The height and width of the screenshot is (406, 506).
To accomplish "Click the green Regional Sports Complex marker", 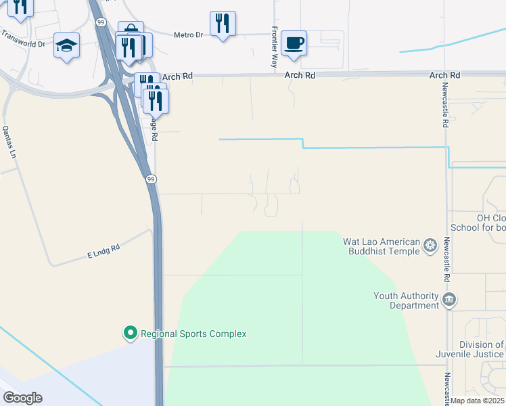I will [130, 333].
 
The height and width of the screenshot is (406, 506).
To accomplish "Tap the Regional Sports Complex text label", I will [193, 334].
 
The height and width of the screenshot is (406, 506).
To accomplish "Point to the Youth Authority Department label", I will [406, 300].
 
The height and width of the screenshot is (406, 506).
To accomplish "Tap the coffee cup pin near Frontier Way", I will [294, 43].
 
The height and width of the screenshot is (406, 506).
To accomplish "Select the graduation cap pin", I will [66, 45].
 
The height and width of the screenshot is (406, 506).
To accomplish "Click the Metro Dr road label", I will [188, 35].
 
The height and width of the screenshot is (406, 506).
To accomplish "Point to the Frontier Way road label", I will [275, 47].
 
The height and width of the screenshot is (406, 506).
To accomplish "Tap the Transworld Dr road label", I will [22, 38].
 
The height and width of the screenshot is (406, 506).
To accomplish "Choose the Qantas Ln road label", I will [9, 141].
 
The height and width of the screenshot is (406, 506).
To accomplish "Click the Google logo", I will [22, 398].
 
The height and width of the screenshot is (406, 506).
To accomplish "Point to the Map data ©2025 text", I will [478, 401].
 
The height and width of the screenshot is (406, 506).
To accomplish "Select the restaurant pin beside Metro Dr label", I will [223, 24].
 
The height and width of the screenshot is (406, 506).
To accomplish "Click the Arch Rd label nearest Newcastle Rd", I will [444, 75].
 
